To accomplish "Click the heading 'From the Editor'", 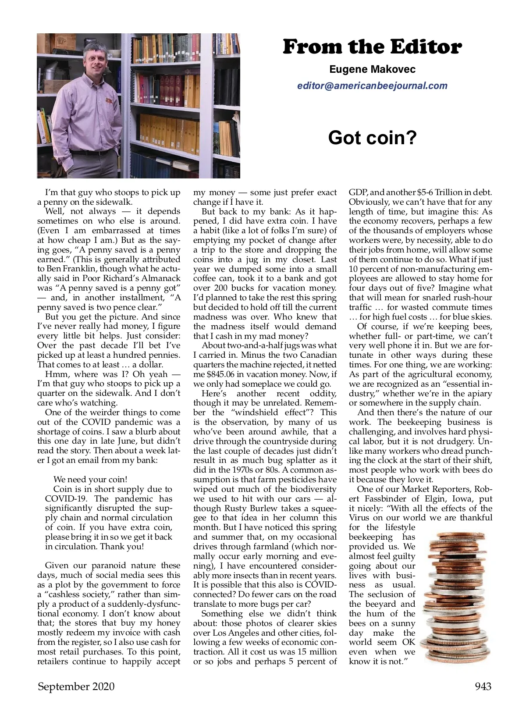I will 372,47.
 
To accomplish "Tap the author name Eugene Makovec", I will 372,69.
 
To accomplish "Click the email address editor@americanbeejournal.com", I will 372,85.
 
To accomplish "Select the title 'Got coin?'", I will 372,138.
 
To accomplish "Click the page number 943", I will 483,686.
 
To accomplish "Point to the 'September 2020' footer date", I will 76,686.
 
